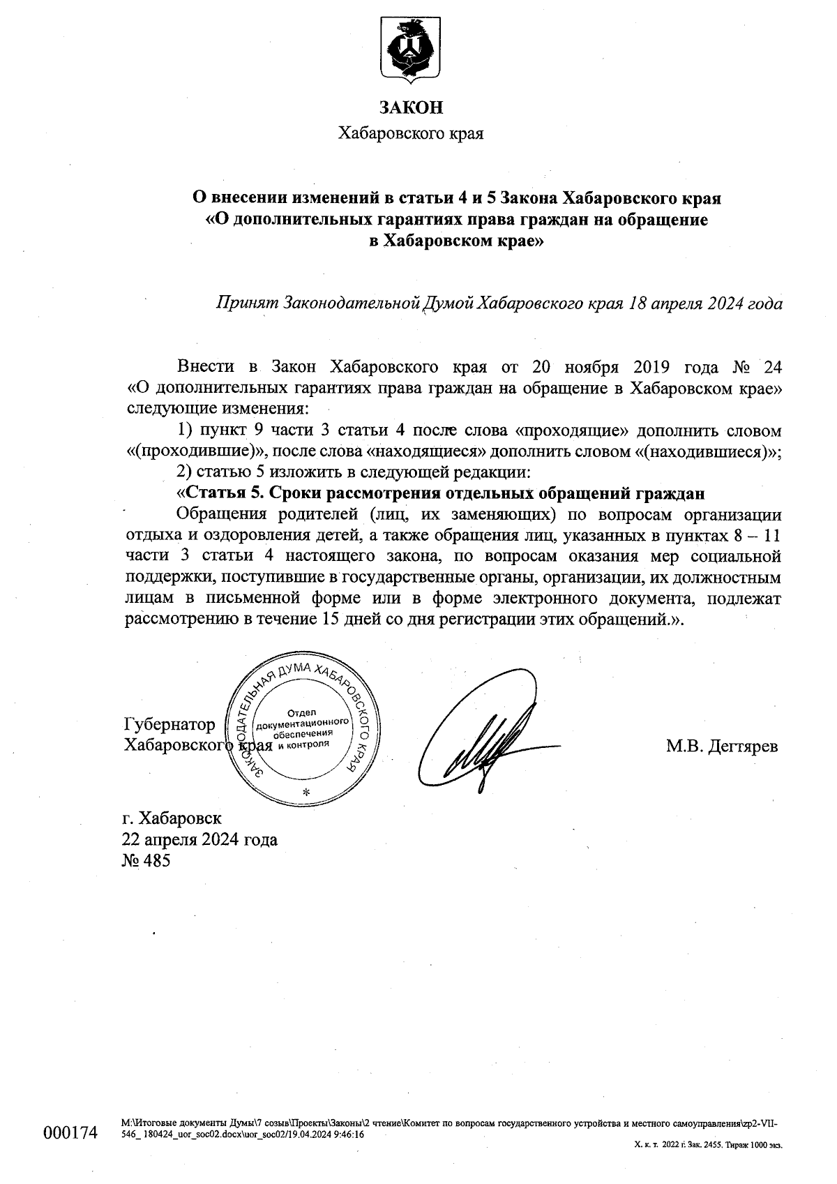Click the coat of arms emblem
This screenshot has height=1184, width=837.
[411, 51]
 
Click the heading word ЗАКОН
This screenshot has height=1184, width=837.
[411, 107]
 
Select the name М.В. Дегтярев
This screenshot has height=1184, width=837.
[722, 747]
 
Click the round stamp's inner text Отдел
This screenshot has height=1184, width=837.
[302, 712]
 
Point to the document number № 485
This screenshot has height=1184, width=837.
[146, 860]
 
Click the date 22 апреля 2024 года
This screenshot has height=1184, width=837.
[199, 839]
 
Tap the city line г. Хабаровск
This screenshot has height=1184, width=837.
[172, 818]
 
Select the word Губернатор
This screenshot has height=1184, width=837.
[169, 724]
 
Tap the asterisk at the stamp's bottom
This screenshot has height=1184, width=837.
[306, 792]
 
